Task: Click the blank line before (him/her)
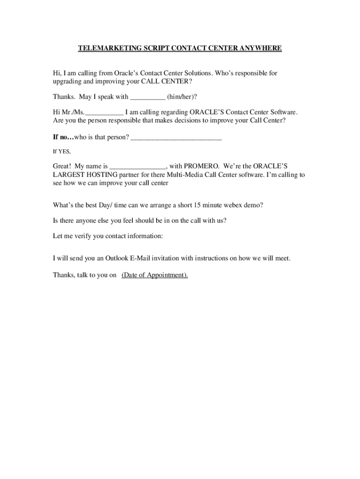tap(147, 97)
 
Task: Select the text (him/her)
tap(182, 97)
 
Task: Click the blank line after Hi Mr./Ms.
tap(105, 113)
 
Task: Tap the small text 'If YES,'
tap(62, 152)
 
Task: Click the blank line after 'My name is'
tap(138, 167)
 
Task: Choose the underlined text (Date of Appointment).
tap(155, 275)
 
